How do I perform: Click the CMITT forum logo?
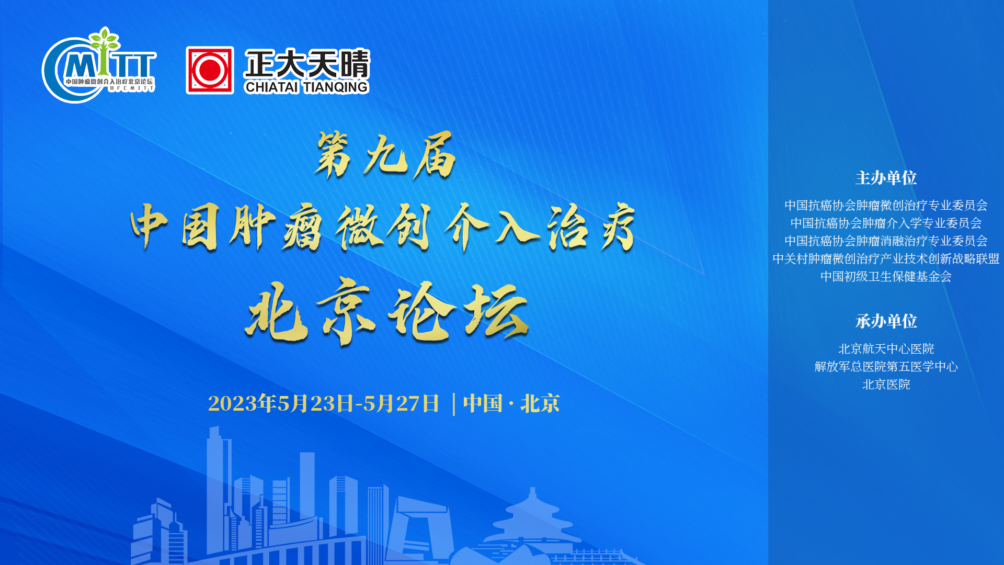point(99,65)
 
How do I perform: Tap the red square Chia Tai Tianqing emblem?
point(210,70)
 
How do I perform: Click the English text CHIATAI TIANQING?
point(306,87)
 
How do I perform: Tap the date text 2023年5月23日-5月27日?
point(324,403)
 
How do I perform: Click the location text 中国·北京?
point(511,403)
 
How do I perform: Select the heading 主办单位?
point(886,178)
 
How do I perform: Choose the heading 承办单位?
point(886,321)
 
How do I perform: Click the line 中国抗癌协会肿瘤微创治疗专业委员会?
point(886,205)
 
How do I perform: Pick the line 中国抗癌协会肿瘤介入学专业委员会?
point(886,223)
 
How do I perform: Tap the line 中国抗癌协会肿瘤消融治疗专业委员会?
point(886,241)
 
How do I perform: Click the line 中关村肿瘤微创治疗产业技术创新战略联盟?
point(886,258)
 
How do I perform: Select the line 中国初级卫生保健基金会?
point(886,276)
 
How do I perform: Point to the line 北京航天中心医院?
point(886,348)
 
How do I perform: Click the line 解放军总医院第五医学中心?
point(886,366)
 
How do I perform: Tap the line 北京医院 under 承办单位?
point(886,384)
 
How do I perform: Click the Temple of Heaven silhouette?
point(532,523)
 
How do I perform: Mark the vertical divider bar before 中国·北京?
point(453,404)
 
